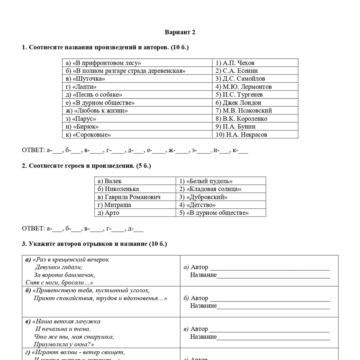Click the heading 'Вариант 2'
pos(180,32)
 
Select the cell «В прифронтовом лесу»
pos(103,63)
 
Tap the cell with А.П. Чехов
pos(235,63)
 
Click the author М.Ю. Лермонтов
pos(244,87)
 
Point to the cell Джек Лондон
pos(238,103)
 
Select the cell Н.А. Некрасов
pos(241,135)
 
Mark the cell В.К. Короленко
pos(241,119)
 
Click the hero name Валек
pos(113,181)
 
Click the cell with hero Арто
pos(112,213)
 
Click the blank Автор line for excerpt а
pos(269,268)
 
